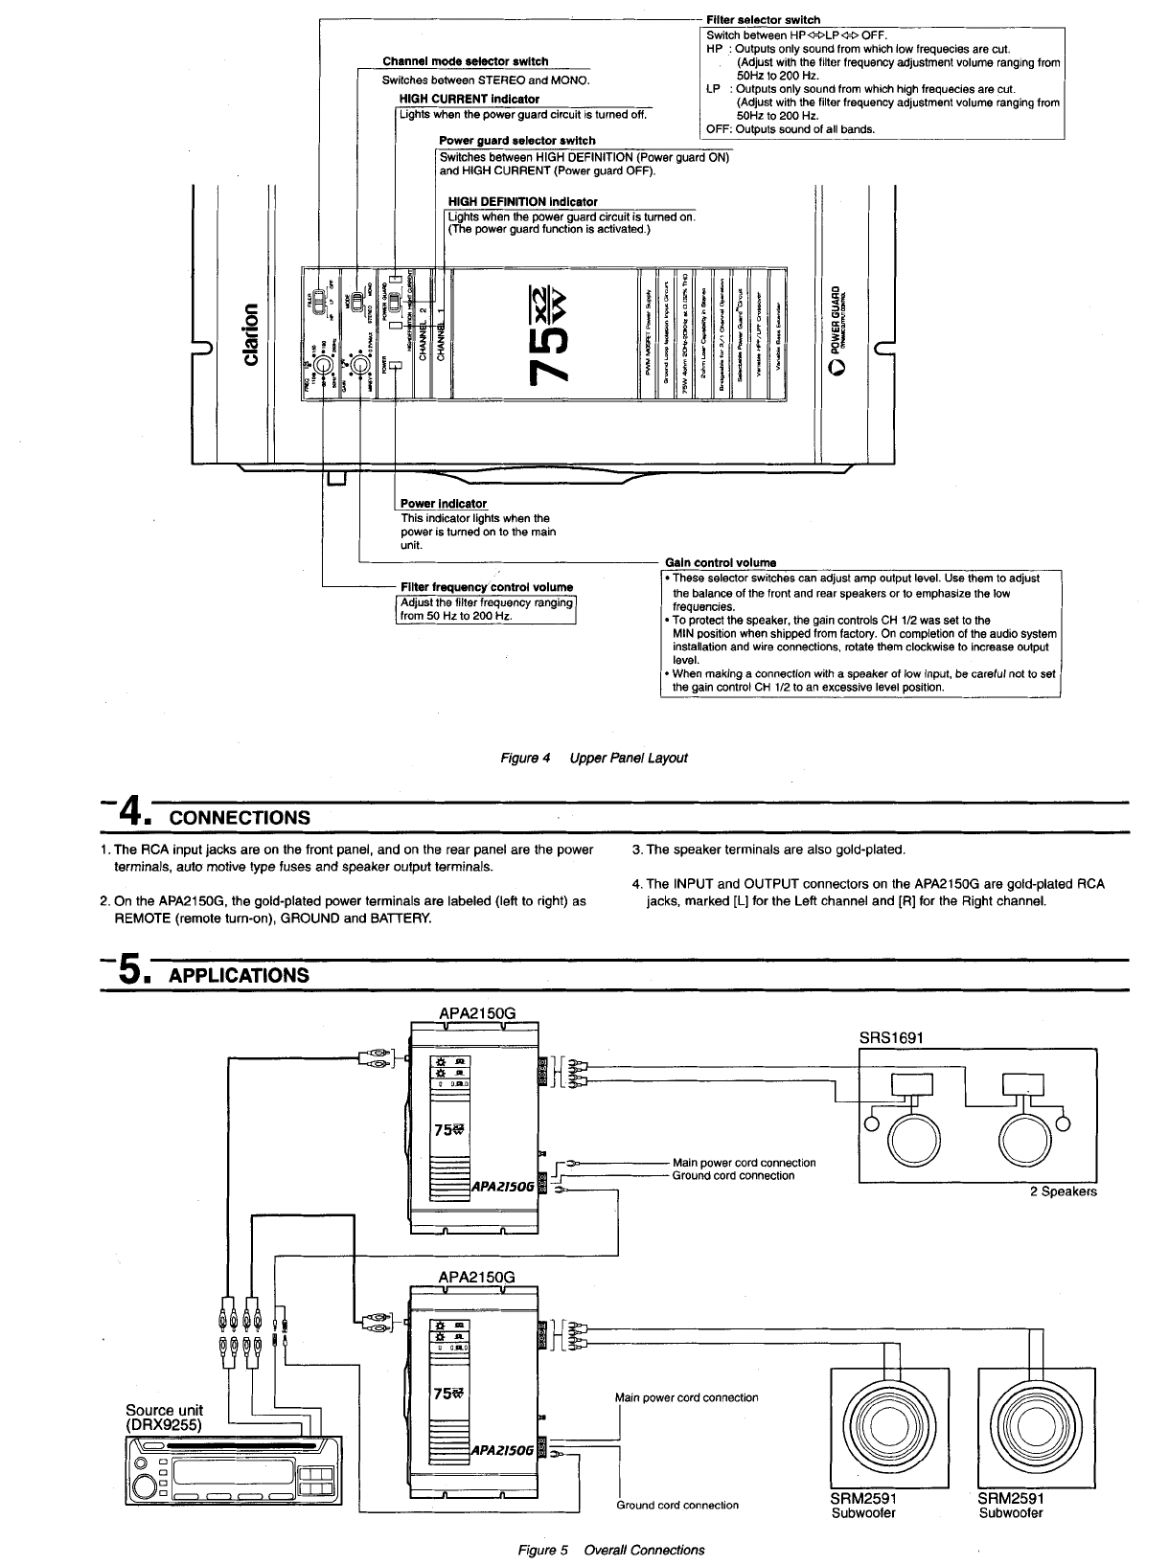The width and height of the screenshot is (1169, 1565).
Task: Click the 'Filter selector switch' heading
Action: pos(763,20)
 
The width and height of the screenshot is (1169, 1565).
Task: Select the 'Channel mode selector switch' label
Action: pos(466,62)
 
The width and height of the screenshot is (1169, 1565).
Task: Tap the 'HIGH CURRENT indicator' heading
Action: pos(469,99)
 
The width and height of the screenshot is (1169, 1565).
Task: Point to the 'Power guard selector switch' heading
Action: pos(517,141)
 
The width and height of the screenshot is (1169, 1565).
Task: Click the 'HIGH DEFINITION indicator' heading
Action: pos(523,201)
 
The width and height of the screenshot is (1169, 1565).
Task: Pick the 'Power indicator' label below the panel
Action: pos(443,504)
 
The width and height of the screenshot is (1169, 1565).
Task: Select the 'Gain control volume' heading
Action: pos(721,562)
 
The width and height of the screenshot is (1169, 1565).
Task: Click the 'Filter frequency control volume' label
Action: pos(487,587)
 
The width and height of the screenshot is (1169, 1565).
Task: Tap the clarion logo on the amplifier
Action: pos(251,333)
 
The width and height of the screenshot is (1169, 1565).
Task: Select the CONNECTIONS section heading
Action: pos(239,817)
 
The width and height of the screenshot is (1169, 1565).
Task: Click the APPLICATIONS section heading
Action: pos(239,975)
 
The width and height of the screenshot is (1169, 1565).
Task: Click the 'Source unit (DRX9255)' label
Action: pos(165,1417)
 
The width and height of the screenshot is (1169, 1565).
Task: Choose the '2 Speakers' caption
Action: pos(1063,1192)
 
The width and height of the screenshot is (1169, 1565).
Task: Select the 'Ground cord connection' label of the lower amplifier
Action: pos(677,1505)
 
